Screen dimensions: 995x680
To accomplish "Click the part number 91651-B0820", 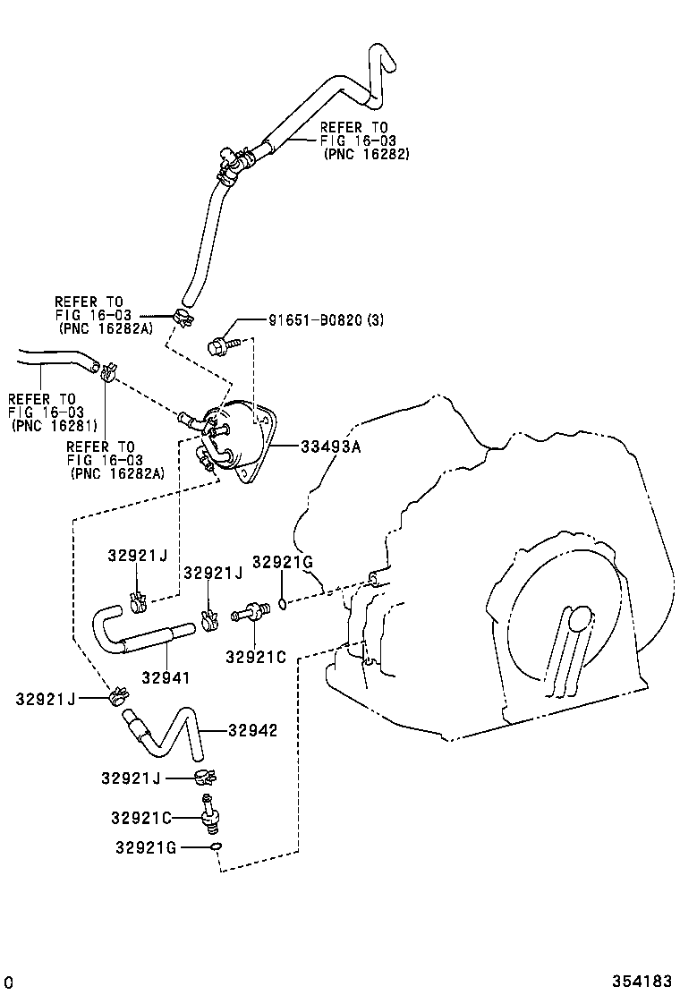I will (315, 320).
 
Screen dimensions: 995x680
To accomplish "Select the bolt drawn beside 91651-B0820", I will (221, 344).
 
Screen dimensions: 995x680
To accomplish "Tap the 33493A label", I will (331, 446).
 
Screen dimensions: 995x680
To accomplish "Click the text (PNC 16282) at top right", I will (366, 154).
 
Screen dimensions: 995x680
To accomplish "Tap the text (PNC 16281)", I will (53, 424).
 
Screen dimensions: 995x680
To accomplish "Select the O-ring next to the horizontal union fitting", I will (282, 605).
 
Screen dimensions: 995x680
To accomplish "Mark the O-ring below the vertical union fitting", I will (215, 846).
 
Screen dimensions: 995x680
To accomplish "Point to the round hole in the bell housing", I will (581, 617).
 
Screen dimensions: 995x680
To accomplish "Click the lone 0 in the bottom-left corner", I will (7, 982).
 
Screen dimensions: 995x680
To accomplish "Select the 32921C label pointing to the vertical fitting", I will (140, 818).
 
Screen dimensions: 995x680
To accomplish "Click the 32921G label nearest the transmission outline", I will (282, 562).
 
